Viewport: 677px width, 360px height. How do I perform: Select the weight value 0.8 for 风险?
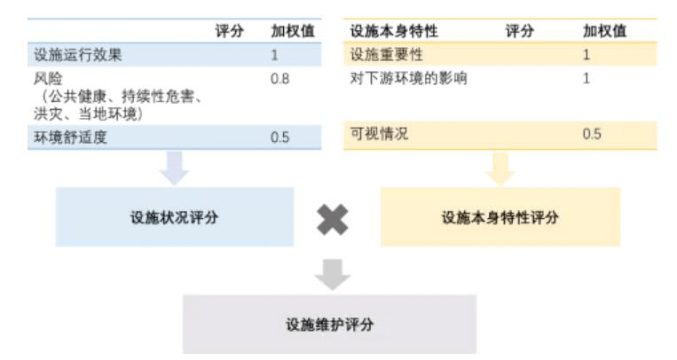coord(280,79)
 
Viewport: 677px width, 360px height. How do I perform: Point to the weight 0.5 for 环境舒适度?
coord(280,137)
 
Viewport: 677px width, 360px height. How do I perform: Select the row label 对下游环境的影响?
coord(408,79)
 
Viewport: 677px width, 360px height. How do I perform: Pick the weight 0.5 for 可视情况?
coord(592,135)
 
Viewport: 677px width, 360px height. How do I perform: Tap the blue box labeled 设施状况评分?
coord(174,216)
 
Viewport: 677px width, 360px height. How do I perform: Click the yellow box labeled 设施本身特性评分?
coord(500,216)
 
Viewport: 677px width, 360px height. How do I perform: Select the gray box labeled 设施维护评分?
coord(329,325)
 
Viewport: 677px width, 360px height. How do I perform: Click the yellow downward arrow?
coord(500,168)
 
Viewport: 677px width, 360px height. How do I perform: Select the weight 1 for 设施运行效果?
coord(276,55)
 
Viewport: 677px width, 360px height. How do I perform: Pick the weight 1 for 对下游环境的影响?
coord(586,79)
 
